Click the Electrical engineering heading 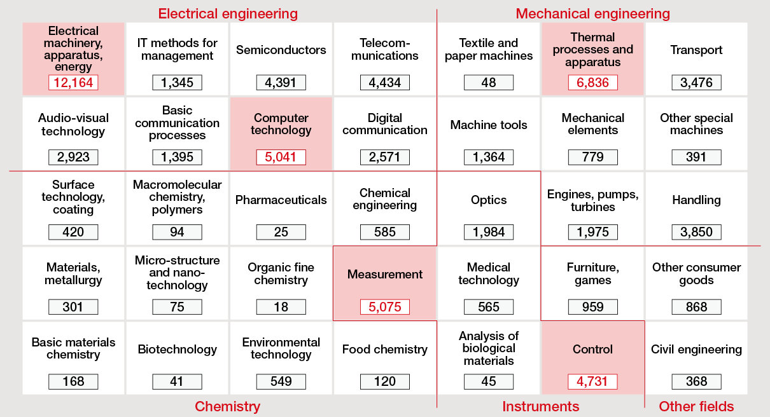(x=228, y=13)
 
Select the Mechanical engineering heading (x=592, y=13)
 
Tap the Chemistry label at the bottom (x=227, y=406)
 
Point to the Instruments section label (x=541, y=406)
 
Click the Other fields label (x=696, y=406)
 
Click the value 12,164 (x=73, y=83)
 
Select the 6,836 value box (x=592, y=83)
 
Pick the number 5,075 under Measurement (x=385, y=307)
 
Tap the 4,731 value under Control (x=592, y=381)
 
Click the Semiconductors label (x=281, y=50)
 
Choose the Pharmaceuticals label (x=281, y=200)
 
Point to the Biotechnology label (x=177, y=349)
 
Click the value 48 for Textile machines (x=489, y=83)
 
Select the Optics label (x=489, y=200)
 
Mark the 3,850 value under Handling (x=696, y=232)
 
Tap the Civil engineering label (x=696, y=349)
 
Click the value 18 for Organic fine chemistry (x=281, y=307)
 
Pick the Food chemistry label (x=385, y=349)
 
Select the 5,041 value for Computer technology (x=281, y=157)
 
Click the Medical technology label (x=489, y=273)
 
